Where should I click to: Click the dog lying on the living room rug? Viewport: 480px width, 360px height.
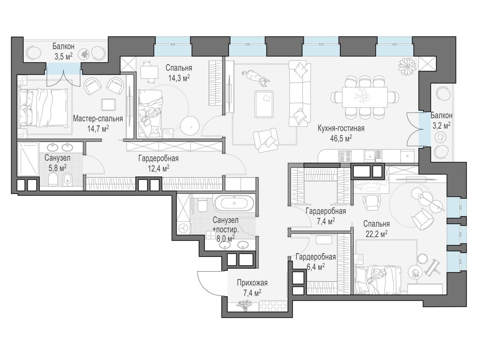[x=256, y=78]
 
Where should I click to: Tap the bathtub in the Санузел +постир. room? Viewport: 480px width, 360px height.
[x=234, y=203]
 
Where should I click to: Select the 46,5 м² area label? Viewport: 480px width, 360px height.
[x=341, y=138]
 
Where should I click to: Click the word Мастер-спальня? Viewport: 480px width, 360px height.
[x=98, y=119]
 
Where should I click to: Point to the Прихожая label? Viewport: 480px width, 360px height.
[x=252, y=283]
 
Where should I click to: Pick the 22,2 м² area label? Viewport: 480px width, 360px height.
[x=377, y=234]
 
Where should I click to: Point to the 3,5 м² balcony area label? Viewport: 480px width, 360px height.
[x=63, y=57]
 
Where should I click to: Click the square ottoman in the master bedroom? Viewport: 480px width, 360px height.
[x=109, y=104]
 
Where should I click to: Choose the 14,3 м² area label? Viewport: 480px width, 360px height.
[x=179, y=78]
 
